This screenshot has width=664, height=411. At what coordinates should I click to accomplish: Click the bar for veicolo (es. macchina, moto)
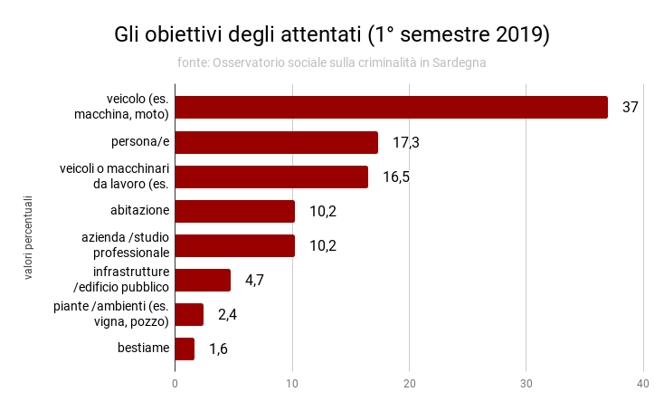(391, 107)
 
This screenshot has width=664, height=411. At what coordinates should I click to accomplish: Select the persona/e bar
(276, 142)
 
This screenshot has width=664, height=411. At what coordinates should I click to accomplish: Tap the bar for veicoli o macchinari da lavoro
(271, 177)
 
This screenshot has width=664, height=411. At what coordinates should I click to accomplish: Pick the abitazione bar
(234, 211)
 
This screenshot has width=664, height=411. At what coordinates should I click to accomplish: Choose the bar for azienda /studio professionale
(234, 245)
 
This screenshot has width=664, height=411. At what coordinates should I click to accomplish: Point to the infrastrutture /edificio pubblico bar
(203, 280)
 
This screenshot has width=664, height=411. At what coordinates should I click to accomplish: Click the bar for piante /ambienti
(189, 314)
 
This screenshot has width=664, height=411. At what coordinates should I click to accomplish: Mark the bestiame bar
(185, 349)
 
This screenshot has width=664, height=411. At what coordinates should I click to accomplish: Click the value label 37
(631, 107)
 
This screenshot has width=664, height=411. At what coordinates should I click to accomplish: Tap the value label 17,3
(406, 142)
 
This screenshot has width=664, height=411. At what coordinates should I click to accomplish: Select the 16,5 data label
(396, 177)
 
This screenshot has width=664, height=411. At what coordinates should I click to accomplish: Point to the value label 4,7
(254, 280)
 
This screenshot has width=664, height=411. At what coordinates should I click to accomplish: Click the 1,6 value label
(218, 349)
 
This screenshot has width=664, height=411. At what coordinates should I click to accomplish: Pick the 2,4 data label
(228, 314)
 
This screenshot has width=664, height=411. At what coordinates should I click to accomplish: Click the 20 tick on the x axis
(410, 384)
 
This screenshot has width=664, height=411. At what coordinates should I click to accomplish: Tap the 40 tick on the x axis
(643, 384)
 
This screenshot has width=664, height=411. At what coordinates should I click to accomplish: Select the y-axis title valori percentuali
(28, 237)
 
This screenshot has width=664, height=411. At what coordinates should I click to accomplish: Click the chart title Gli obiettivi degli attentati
(331, 35)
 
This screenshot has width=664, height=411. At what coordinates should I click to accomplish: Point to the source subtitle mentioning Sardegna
(331, 62)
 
